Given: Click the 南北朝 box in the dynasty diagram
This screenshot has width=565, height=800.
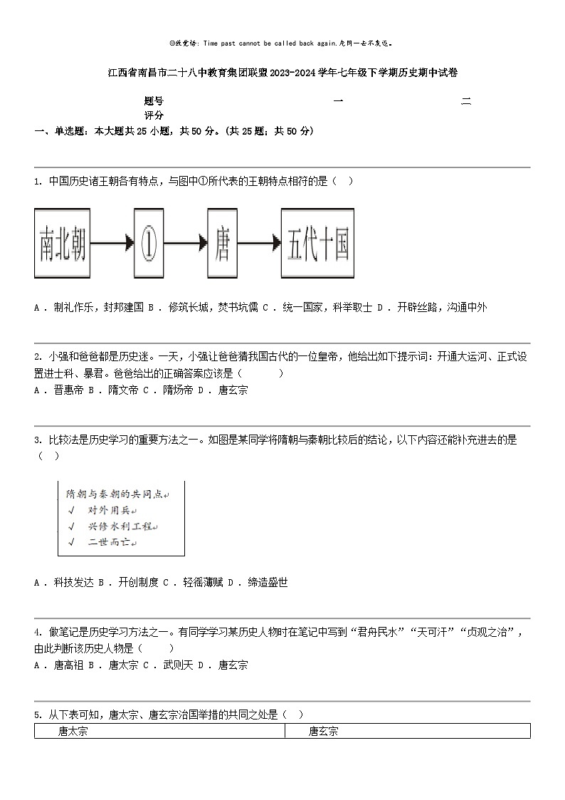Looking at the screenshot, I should (62, 243).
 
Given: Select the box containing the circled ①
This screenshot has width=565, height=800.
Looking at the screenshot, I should (149, 243).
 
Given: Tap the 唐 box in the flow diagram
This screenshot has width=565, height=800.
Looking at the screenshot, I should (222, 243).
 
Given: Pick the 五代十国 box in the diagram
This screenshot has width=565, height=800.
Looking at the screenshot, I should (317, 243).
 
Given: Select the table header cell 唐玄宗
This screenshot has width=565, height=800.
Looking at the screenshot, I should (323, 731).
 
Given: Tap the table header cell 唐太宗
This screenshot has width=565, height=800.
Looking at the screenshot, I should (73, 731).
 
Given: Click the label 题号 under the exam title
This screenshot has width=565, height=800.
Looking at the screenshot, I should (154, 102).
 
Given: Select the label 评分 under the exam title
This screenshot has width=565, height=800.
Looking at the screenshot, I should (154, 115).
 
